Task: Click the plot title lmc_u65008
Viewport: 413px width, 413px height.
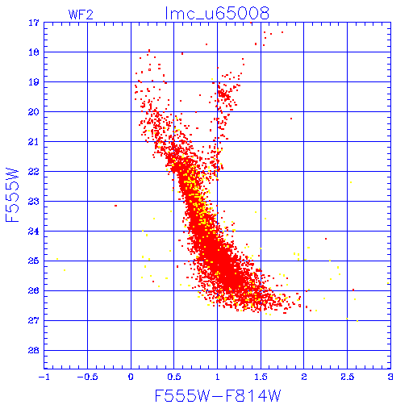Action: [217, 13]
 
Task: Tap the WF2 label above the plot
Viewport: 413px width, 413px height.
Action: [81, 15]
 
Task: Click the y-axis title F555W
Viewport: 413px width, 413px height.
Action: [12, 195]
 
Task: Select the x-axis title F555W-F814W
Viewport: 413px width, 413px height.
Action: [218, 395]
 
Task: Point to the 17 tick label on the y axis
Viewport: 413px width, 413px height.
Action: [34, 23]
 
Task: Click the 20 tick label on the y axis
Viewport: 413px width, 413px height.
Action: [34, 112]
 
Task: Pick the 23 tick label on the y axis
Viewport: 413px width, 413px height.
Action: [34, 202]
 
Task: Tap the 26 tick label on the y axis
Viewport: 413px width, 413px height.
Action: [34, 290]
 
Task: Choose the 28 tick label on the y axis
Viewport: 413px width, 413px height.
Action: [34, 350]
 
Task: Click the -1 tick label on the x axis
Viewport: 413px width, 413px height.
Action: [44, 377]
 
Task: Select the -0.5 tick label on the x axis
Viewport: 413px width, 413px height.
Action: [87, 377]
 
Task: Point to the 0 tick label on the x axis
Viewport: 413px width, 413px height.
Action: [131, 377]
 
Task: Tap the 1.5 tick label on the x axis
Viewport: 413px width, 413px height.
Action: [261, 377]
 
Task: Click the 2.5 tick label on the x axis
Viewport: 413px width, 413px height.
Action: [347, 377]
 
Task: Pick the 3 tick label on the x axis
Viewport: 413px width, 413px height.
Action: [390, 377]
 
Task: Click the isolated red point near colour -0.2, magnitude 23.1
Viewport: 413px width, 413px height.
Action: [115, 206]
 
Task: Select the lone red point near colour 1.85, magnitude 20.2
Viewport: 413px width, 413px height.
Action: [291, 119]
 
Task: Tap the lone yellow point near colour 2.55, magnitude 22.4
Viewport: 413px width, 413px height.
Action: [351, 182]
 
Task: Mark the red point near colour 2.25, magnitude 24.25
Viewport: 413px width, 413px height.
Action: [326, 239]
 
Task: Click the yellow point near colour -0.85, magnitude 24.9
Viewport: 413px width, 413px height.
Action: [57, 259]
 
